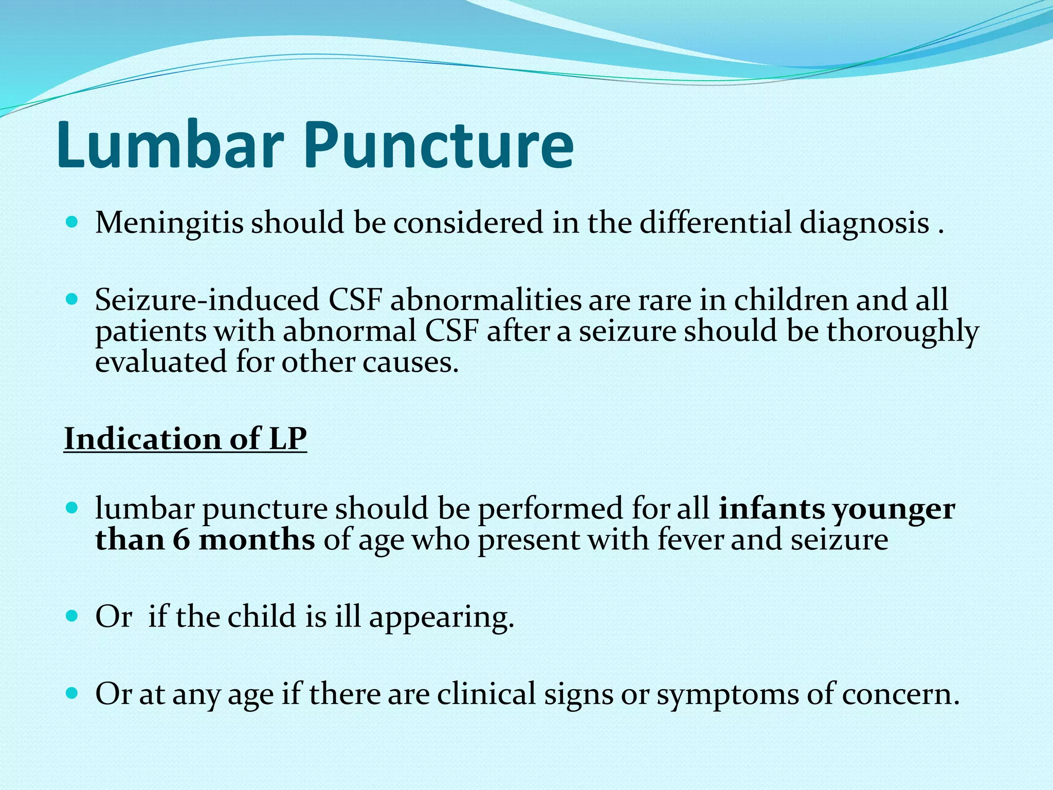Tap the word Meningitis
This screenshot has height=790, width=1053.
coord(169,224)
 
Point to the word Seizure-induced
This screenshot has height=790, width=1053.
coord(207,300)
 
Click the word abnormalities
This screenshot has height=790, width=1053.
coord(485,300)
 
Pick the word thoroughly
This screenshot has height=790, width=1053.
coord(902,332)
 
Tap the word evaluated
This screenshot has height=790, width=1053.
coord(161,362)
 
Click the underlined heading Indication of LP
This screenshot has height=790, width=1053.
coord(185,439)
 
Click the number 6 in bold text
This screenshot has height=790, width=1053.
coord(181,540)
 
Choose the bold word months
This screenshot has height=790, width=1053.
coord(257,540)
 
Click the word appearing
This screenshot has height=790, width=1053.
coord(442,618)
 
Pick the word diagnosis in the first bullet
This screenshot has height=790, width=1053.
coord(863,224)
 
